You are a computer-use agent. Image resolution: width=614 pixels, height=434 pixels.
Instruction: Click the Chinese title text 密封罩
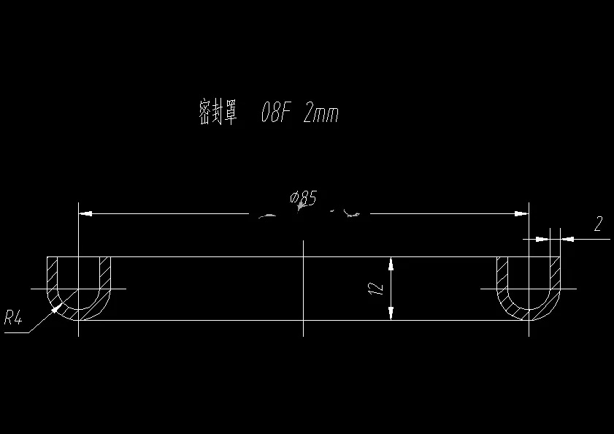[x=218, y=113]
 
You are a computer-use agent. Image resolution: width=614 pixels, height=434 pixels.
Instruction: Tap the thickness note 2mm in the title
[x=321, y=114]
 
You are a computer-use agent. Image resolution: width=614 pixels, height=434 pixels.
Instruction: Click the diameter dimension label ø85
[x=303, y=197]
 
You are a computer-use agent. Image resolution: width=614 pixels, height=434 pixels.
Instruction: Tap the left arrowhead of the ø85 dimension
[x=85, y=213]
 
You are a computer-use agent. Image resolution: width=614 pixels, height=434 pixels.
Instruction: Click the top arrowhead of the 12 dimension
[x=391, y=262]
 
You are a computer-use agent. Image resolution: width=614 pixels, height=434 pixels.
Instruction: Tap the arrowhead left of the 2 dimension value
[x=542, y=238]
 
